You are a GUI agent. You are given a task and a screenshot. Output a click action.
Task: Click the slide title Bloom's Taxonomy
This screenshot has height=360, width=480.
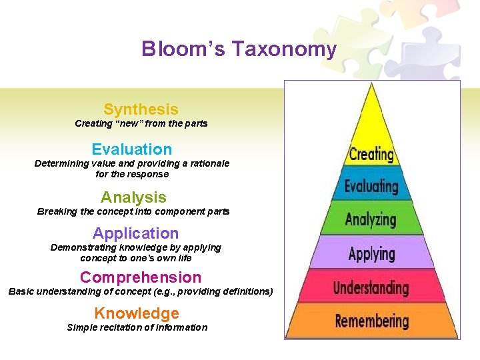click(x=239, y=49)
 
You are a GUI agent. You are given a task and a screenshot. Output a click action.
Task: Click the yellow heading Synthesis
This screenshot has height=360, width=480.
click(x=141, y=109)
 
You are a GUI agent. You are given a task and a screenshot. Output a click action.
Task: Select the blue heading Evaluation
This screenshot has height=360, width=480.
click(x=131, y=149)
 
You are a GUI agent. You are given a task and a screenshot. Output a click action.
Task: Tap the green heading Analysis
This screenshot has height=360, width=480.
click(x=133, y=197)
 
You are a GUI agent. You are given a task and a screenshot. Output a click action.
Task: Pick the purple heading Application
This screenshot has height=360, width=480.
click(x=135, y=233)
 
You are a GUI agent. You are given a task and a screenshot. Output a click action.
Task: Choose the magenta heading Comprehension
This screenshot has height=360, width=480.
click(x=140, y=277)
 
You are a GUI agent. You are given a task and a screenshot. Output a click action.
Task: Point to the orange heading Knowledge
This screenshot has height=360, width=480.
click(x=137, y=313)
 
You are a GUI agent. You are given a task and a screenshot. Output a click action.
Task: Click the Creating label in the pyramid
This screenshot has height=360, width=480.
click(x=371, y=155)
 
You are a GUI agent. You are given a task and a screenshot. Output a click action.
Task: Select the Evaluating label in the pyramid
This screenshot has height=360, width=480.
click(x=371, y=187)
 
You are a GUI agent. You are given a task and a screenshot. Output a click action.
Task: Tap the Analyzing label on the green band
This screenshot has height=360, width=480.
click(x=371, y=219)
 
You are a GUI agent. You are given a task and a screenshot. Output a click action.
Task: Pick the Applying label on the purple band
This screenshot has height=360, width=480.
click(x=371, y=254)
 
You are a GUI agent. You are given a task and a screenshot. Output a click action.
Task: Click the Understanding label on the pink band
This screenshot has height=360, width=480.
click(x=371, y=288)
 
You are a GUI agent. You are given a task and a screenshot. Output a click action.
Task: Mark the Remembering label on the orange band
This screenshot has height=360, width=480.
click(x=371, y=321)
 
